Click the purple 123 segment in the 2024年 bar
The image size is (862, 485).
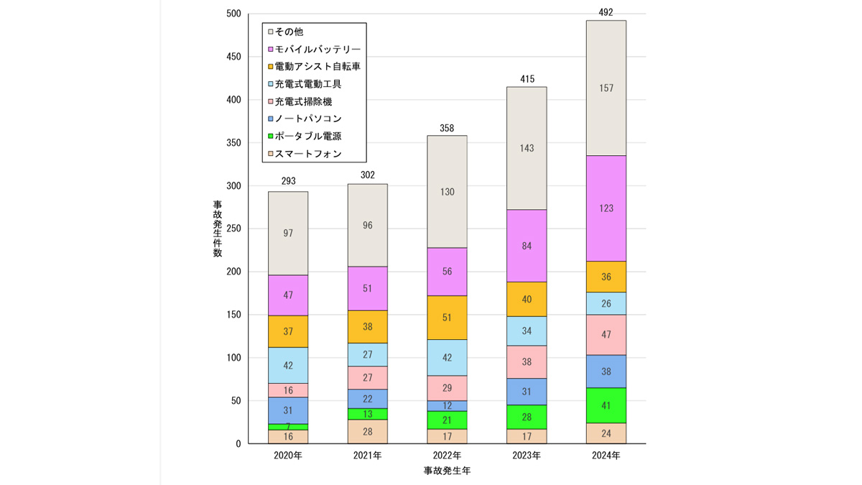point(606,208)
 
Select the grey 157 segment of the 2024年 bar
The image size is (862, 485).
point(606,88)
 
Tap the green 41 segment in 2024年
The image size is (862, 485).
point(606,405)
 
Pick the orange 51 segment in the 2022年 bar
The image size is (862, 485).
point(447,318)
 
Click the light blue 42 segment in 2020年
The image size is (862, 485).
point(288,365)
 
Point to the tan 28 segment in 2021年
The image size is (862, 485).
point(367,431)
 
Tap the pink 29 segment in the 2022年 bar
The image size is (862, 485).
point(447,388)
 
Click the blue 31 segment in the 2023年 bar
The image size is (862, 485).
point(527,392)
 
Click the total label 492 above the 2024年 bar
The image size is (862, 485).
point(606,12)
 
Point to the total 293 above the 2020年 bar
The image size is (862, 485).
point(288,181)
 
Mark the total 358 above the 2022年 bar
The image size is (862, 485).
point(447,128)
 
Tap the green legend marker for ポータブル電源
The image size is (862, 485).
point(270,137)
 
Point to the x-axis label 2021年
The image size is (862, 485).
point(367,456)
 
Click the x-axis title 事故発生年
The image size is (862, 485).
point(447,471)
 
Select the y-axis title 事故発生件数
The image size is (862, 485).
point(217,229)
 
